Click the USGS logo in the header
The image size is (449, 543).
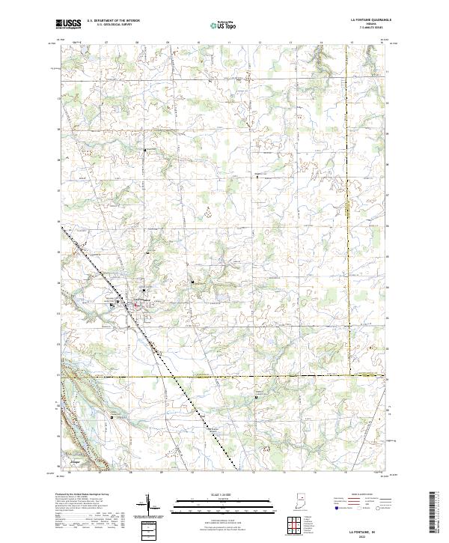pyautogui.click(x=68, y=24)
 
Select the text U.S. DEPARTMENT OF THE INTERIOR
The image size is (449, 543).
pyautogui.click(x=113, y=21)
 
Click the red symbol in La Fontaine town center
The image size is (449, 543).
pyautogui.click(x=136, y=304)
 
